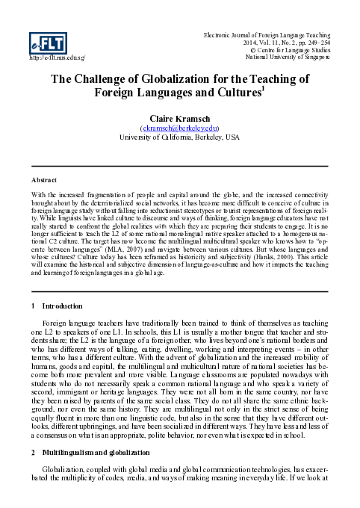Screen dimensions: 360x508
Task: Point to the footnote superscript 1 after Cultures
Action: (x=267, y=89)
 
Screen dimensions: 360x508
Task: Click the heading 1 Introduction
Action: (x=52, y=306)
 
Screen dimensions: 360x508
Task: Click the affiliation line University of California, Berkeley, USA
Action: (x=180, y=137)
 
